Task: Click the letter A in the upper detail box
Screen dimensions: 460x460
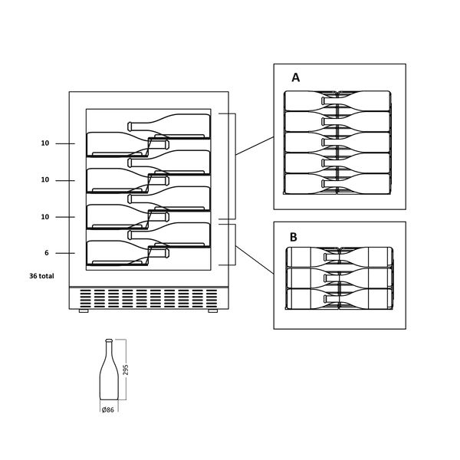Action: pos(296,77)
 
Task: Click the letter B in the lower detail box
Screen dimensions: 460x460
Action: pos(294,237)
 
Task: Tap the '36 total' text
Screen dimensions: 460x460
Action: pos(41,276)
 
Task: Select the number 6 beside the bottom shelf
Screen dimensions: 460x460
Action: pos(47,253)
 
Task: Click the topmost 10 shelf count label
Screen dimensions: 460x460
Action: pos(45,143)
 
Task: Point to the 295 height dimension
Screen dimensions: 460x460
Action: pos(126,370)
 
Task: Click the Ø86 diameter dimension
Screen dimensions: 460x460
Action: pos(107,410)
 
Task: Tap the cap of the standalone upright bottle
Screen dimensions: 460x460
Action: pos(109,340)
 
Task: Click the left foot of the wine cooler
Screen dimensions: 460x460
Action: pos(84,311)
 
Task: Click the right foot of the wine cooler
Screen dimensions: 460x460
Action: pos(212,311)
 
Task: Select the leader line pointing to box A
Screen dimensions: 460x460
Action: pos(255,146)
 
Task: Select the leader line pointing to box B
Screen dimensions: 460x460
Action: pos(255,260)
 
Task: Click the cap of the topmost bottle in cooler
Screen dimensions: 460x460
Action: pos(130,127)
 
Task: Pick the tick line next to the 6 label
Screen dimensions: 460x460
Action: pos(65,253)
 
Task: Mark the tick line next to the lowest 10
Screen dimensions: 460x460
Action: pos(65,217)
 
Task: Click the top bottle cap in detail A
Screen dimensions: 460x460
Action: pos(323,100)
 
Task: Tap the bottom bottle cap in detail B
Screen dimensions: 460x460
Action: pos(325,299)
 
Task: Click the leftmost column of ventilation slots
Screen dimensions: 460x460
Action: pos(85,299)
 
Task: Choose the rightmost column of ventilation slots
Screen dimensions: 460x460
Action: pos(212,299)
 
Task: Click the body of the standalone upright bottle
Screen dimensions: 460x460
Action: pos(109,379)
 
